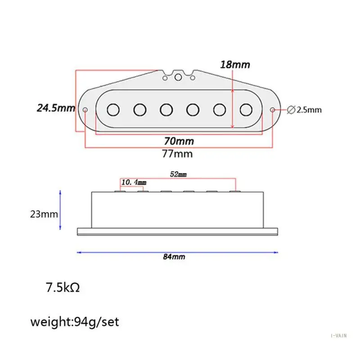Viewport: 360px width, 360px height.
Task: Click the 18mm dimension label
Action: [235, 64]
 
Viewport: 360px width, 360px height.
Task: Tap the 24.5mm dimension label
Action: [56, 108]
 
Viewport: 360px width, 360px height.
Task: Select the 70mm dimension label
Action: [179, 141]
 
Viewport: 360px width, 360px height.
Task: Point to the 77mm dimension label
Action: [177, 153]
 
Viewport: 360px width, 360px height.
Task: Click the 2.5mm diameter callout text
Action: [309, 110]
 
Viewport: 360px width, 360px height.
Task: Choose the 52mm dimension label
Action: [178, 174]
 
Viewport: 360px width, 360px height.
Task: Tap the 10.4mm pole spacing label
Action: [134, 182]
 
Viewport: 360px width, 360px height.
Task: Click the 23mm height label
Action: [44, 214]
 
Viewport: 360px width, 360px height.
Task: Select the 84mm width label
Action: [174, 256]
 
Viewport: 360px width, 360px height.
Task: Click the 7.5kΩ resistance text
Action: [63, 288]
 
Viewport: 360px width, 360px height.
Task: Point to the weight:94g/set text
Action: [75, 322]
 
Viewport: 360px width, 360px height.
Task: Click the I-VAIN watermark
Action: [339, 336]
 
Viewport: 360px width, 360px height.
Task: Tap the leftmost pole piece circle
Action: [113, 109]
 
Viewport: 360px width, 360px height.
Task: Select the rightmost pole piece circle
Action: [246, 109]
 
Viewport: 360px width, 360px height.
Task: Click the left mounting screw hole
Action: [85, 110]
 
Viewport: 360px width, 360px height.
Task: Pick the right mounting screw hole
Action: [273, 110]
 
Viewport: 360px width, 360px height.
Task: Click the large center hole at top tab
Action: [178, 77]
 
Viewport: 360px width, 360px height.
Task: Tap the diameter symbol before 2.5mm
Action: [291, 110]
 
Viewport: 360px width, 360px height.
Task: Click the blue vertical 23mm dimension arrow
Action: [60, 210]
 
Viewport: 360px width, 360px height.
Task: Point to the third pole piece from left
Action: [166, 109]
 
